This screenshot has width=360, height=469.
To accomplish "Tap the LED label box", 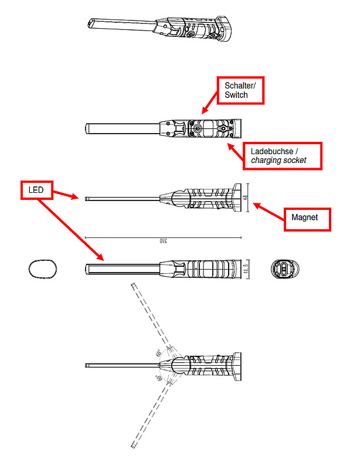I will [36, 190].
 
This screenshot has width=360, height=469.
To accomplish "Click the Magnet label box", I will [307, 217].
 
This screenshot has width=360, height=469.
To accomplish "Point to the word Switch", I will [236, 95].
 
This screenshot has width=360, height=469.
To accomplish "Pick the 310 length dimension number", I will [163, 240].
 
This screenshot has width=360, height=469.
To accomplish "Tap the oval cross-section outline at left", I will [43, 270].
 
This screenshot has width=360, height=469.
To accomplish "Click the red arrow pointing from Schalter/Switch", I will [210, 106].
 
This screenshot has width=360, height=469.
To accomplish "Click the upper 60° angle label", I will [158, 354].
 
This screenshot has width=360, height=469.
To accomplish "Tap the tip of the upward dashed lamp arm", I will [133, 286].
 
